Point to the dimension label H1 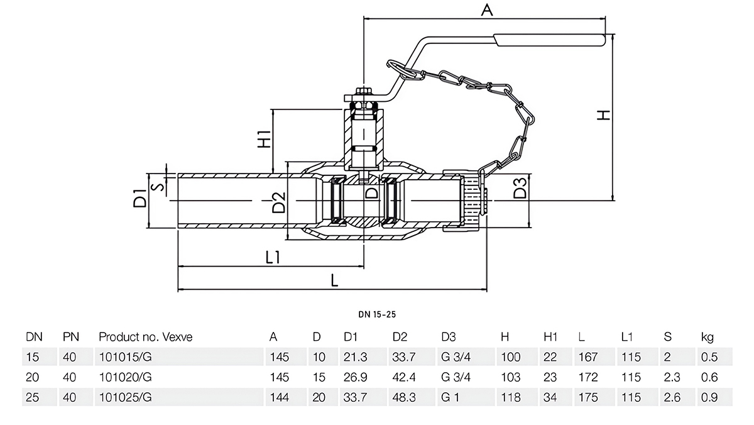[x=264, y=138]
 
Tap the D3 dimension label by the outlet [x=519, y=189]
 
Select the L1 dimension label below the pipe [x=273, y=257]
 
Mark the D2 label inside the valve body [x=278, y=202]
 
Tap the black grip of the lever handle [x=549, y=41]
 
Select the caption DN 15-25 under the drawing [x=377, y=312]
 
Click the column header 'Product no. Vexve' [x=145, y=337]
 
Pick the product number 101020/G [x=126, y=377]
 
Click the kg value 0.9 [x=708, y=397]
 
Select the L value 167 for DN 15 [x=588, y=357]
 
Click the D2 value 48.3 [x=404, y=397]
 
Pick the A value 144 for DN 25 [x=279, y=397]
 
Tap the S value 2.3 [x=672, y=377]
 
